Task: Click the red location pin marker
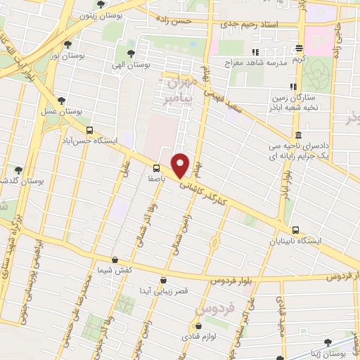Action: (181, 165)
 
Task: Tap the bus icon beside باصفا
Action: (156, 167)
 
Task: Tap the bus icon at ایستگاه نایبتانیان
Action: (295, 230)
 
